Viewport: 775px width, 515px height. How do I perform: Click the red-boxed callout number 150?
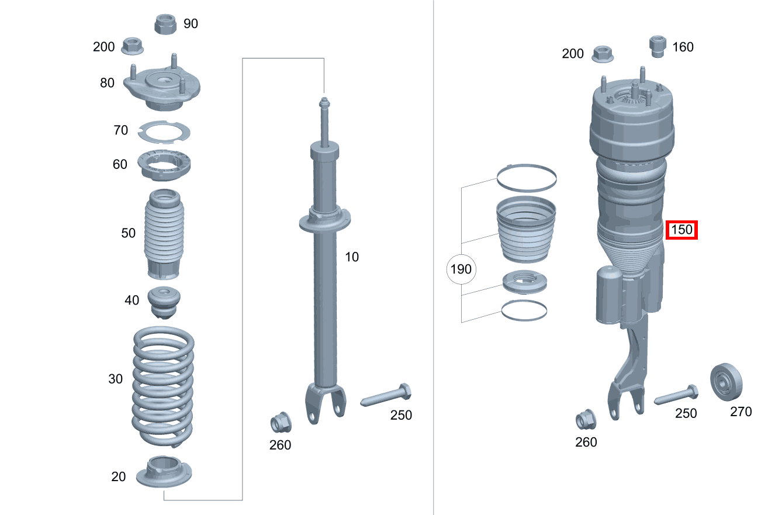pyautogui.click(x=682, y=230)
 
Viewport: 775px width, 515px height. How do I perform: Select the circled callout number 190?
pyautogui.click(x=461, y=270)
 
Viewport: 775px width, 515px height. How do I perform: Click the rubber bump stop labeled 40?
pyautogui.click(x=164, y=302)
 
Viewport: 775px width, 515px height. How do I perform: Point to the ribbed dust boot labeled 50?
pyautogui.click(x=163, y=234)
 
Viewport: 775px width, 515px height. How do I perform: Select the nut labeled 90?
pyautogui.click(x=165, y=24)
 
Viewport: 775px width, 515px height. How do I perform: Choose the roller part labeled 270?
pyautogui.click(x=727, y=382)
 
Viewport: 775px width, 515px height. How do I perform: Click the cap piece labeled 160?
pyautogui.click(x=658, y=46)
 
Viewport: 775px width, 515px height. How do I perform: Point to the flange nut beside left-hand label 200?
pyautogui.click(x=133, y=45)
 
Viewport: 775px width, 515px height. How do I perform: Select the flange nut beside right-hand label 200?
pyautogui.click(x=603, y=54)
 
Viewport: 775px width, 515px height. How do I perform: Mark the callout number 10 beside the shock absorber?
pyautogui.click(x=352, y=256)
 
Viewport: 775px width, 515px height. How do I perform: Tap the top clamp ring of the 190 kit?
pyautogui.click(x=526, y=177)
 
